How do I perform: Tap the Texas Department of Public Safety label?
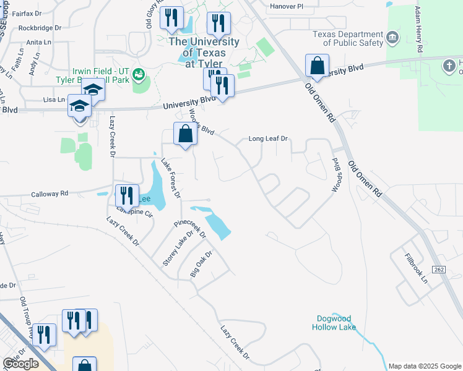[x=348, y=39]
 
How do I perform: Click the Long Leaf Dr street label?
[x=269, y=139]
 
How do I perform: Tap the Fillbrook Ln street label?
[x=416, y=268]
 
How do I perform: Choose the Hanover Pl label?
[x=287, y=6]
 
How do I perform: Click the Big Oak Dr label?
[x=201, y=263]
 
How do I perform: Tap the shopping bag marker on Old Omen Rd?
[x=317, y=66]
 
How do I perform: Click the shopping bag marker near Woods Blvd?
[x=186, y=134]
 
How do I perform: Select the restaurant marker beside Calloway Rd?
[x=126, y=195]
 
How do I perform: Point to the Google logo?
[x=20, y=363]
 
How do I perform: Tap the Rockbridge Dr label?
[x=40, y=28]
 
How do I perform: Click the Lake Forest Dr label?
[x=170, y=179]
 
